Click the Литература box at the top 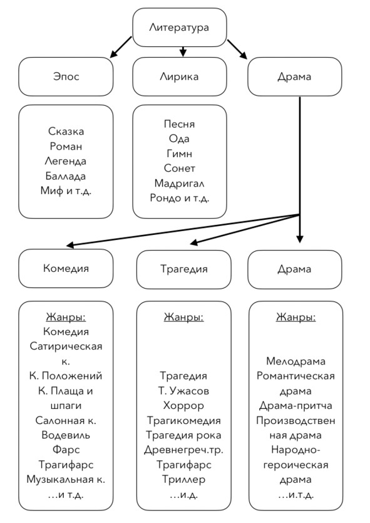[x=180, y=28]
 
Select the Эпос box [x=66, y=76]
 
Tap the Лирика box [x=180, y=76]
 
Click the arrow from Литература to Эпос [x=121, y=47]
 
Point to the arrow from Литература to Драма [x=237, y=49]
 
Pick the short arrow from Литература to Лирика [x=183, y=52]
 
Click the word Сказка [x=66, y=131]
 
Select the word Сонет [x=179, y=168]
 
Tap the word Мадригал [x=179, y=183]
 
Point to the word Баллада [x=66, y=176]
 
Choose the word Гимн [x=179, y=153]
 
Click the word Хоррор [x=183, y=406]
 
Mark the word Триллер [x=183, y=480]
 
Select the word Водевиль [x=66, y=435]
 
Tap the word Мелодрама [x=295, y=361]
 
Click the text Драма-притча [x=295, y=406]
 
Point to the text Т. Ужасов [x=183, y=391]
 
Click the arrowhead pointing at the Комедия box [x=70, y=245]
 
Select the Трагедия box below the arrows [x=183, y=269]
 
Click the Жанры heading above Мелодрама [x=295, y=317]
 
